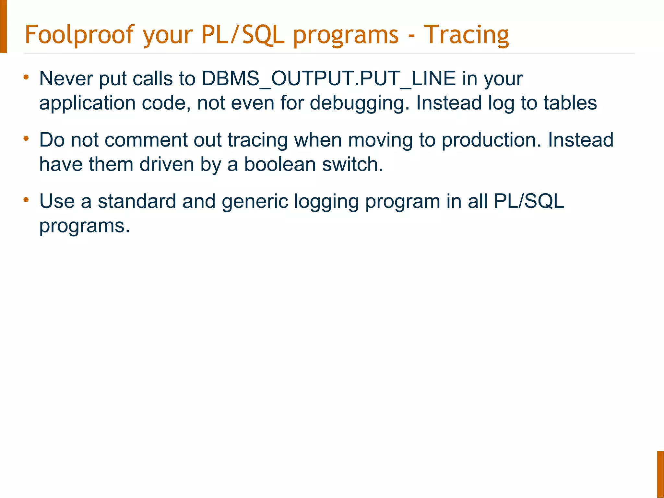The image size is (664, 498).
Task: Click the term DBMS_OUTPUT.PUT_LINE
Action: [x=328, y=79]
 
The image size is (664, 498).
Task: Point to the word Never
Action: [x=66, y=79]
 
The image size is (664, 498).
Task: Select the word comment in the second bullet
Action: [x=146, y=140]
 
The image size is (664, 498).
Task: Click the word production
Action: [x=492, y=140]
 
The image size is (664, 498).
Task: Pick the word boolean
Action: [x=280, y=164]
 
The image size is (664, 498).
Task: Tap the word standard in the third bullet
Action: [x=137, y=201]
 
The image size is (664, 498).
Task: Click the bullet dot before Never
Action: [x=26, y=77]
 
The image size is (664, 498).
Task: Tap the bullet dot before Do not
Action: [x=26, y=139]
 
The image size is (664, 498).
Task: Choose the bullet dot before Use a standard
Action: [x=26, y=200]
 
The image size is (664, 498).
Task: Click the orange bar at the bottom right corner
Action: [x=660, y=474]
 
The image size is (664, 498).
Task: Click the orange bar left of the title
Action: [x=3, y=26]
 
